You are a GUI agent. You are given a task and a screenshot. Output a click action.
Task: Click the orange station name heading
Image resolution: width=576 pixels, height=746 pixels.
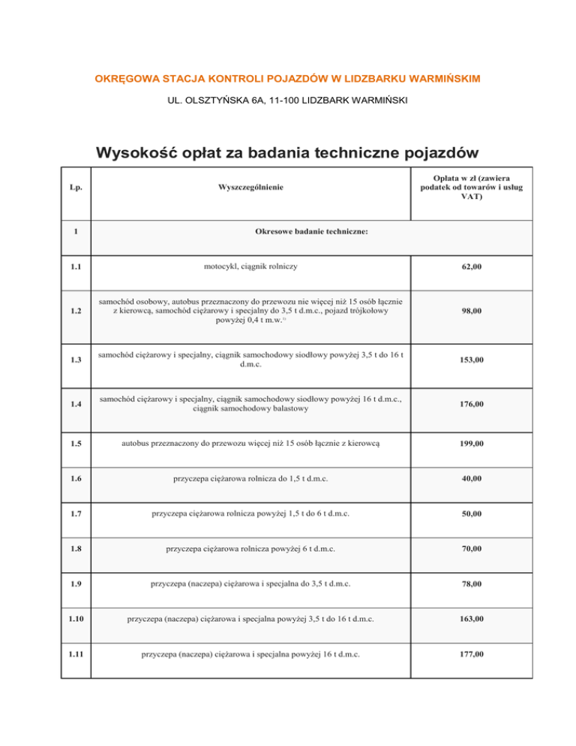(288, 78)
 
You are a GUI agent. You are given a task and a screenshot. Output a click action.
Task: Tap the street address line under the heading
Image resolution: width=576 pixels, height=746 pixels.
(288, 101)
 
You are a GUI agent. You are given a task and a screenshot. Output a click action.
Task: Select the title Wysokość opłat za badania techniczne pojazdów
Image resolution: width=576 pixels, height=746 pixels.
(287, 152)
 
